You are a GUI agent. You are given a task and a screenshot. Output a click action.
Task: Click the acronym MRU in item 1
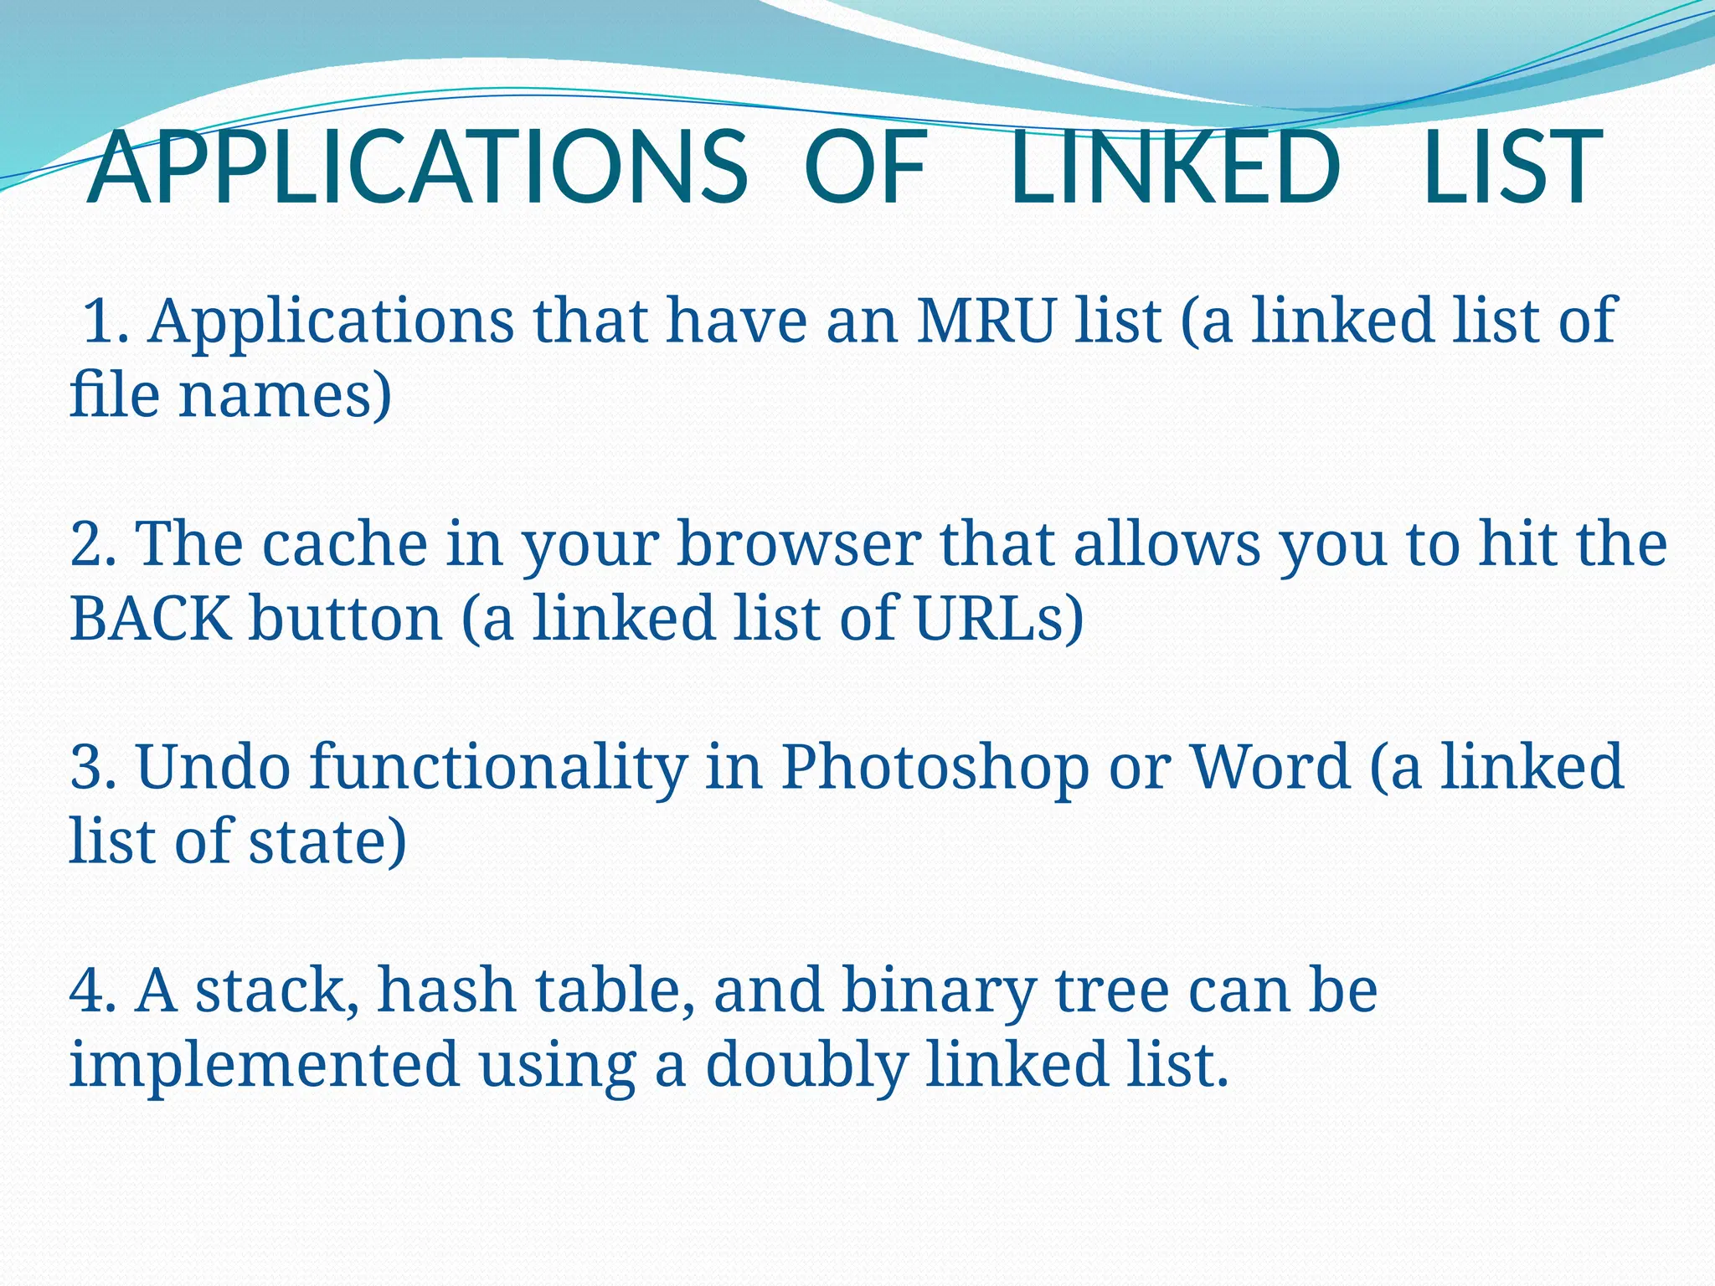click(986, 321)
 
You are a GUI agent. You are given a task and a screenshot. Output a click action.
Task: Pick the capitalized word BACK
click(151, 619)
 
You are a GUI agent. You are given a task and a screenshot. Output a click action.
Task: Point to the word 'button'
click(345, 619)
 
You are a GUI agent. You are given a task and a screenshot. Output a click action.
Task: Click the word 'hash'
click(446, 991)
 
